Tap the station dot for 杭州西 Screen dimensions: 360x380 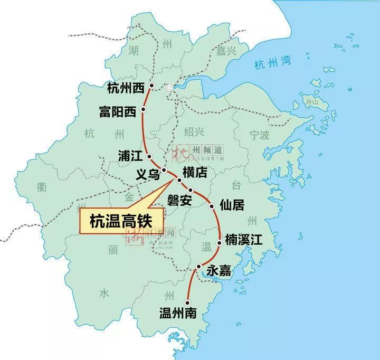(x=151, y=86)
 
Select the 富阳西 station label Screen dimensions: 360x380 (x=117, y=111)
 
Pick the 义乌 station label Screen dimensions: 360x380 (x=147, y=174)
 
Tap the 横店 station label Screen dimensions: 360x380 (x=195, y=172)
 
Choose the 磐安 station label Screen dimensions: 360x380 (x=179, y=200)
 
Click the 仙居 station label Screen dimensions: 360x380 (x=232, y=205)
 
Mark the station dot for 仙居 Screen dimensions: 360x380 (x=212, y=206)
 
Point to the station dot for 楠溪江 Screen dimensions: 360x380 (x=219, y=243)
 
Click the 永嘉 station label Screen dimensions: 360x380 (x=219, y=271)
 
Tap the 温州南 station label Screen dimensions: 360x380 (x=178, y=312)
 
